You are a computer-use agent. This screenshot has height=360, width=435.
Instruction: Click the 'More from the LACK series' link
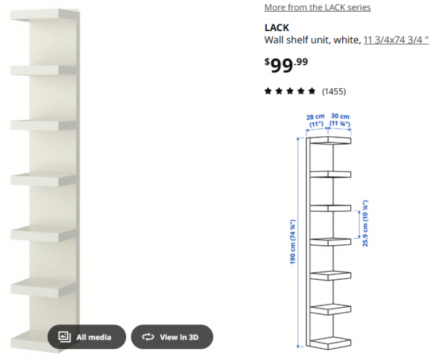(x=317, y=7)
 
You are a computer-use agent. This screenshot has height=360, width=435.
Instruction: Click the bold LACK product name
(x=277, y=28)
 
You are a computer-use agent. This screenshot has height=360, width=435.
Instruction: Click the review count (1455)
(x=333, y=91)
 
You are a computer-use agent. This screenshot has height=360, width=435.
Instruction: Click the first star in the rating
(x=268, y=91)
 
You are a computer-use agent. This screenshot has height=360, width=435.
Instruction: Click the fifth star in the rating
(x=312, y=91)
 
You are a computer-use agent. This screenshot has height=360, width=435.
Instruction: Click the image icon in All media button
(x=64, y=337)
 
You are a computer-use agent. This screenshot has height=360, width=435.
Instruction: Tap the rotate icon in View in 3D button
(x=148, y=337)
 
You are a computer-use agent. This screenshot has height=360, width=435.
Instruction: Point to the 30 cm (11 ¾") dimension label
(x=340, y=120)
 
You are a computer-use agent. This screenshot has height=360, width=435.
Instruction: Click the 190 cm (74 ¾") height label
(x=294, y=242)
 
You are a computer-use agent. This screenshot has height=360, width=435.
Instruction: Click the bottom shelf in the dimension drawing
(x=330, y=342)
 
